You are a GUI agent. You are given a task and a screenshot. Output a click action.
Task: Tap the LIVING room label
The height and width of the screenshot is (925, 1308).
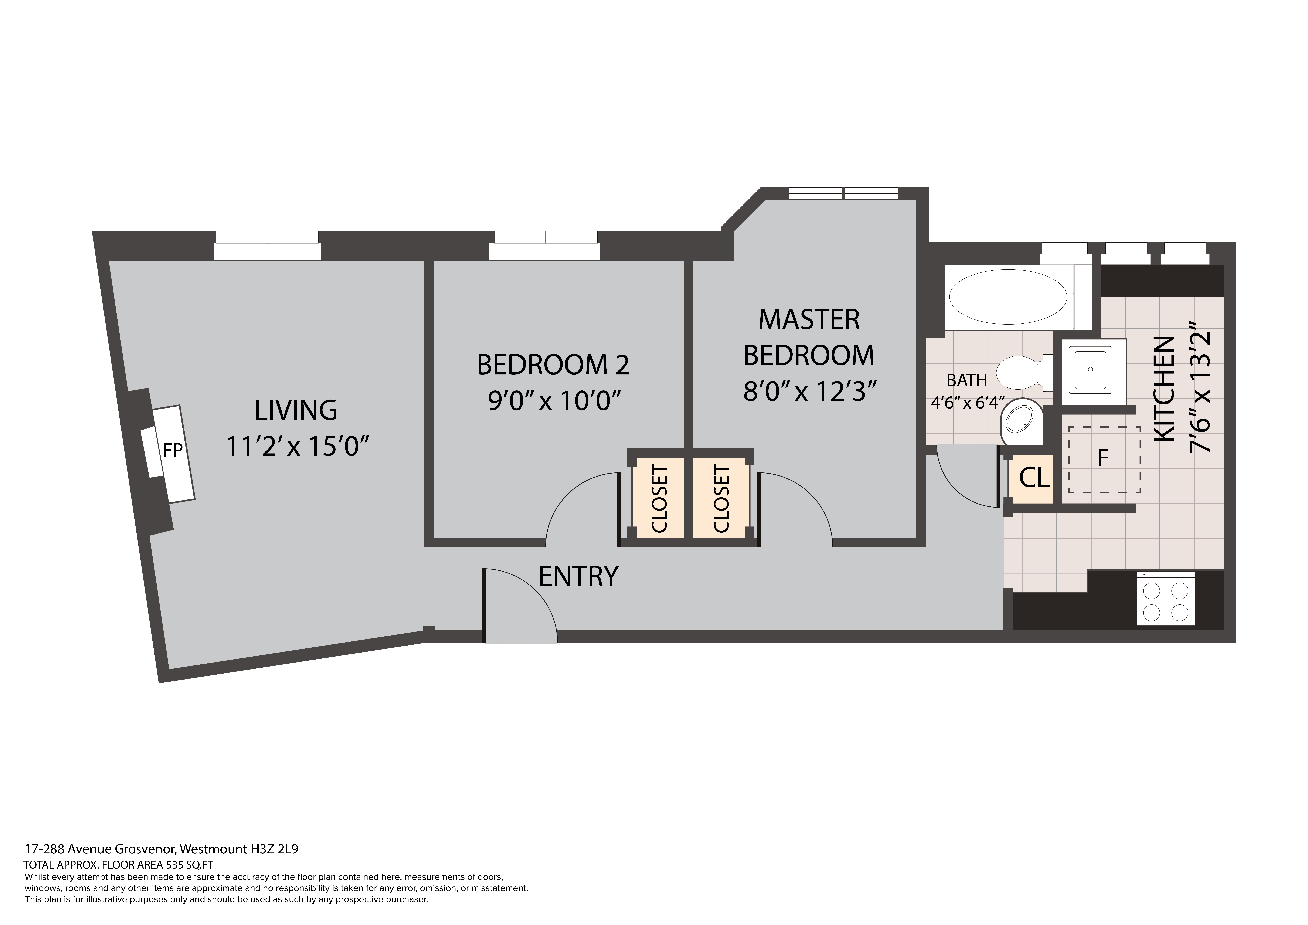[296, 410]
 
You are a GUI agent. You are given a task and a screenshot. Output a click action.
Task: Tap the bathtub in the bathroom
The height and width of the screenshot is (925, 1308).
[1008, 297]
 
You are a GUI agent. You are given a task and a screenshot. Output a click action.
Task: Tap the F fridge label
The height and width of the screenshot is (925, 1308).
[1103, 457]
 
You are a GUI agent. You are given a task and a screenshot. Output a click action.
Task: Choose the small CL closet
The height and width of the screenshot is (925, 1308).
[1033, 478]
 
